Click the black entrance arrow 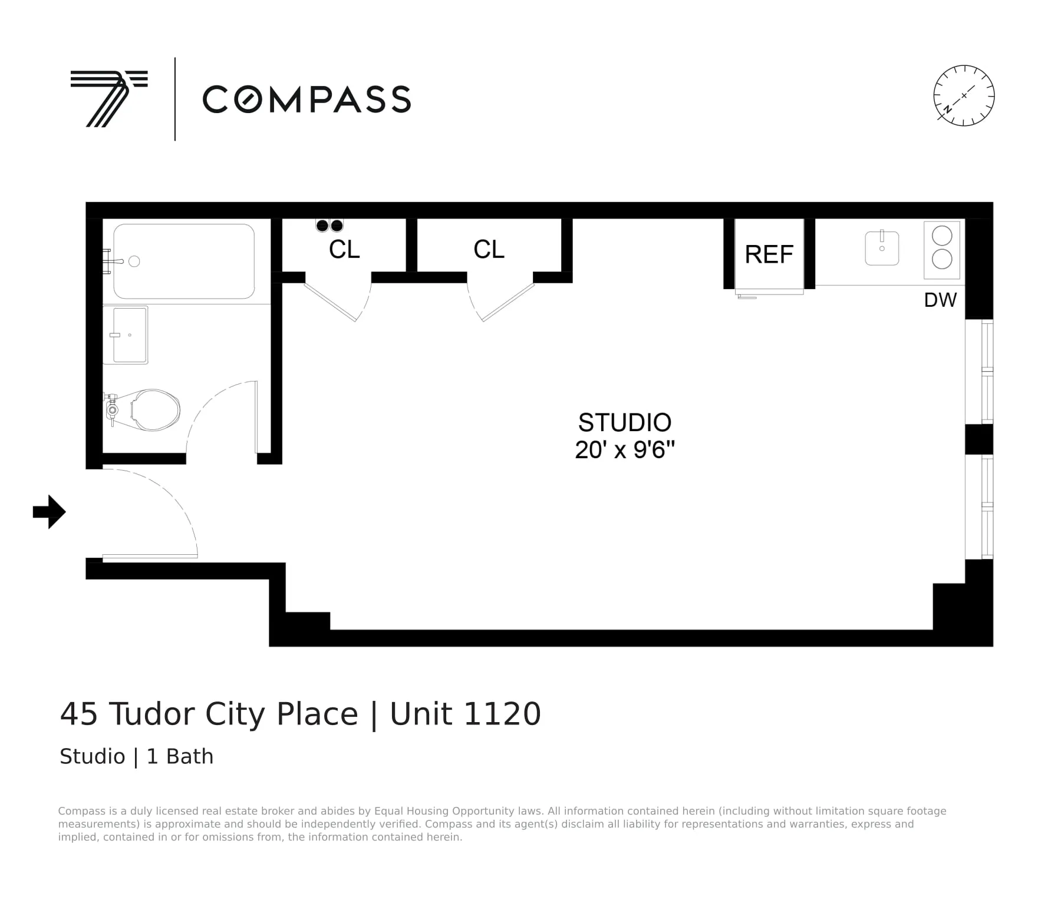[49, 512]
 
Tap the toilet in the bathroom [150, 410]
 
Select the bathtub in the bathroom [184, 262]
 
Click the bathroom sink [126, 335]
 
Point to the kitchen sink [882, 248]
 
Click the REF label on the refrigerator [769, 254]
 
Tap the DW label [940, 300]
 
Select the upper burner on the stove [942, 236]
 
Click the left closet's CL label [344, 249]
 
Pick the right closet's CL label [489, 249]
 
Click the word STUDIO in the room [624, 422]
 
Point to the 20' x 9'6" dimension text [624, 450]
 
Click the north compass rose [964, 95]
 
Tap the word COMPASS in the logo [307, 99]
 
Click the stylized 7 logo [109, 98]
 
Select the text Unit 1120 [465, 714]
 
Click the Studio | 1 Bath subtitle [136, 756]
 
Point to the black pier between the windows [978, 439]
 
